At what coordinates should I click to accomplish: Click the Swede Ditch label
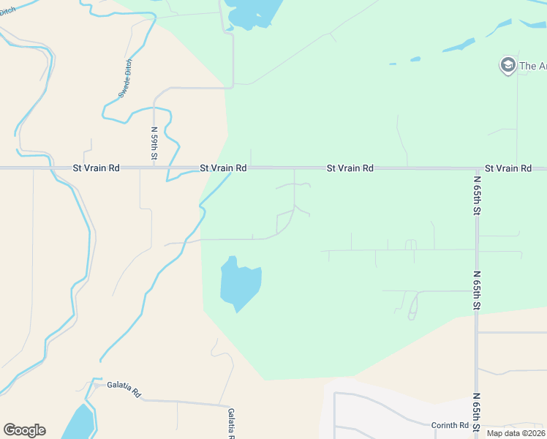(125, 78)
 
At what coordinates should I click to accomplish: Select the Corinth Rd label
(449, 426)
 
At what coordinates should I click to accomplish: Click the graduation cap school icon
(508, 66)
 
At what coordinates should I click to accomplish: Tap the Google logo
(24, 430)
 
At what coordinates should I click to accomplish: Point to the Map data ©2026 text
(515, 433)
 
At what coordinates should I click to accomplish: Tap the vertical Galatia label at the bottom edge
(231, 422)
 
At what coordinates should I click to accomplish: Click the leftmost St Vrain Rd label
(96, 168)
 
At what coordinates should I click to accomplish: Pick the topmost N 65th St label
(477, 195)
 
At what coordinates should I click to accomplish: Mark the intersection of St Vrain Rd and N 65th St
(477, 168)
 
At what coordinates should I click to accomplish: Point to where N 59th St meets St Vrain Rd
(154, 168)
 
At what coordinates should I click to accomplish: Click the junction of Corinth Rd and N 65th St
(477, 426)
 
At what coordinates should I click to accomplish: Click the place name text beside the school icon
(533, 66)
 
